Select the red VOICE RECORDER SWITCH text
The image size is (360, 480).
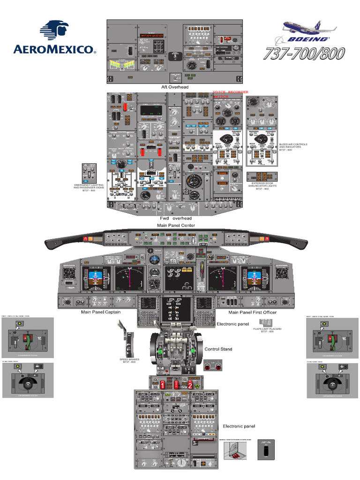coord(230,94)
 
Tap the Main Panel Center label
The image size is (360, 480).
coord(176,225)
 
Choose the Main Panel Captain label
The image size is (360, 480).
coord(101,312)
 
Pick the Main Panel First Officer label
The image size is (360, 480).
coord(252,312)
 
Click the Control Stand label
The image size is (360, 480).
coord(218,349)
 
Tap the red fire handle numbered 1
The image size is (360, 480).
coord(163,384)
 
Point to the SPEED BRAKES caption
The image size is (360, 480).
coord(129,360)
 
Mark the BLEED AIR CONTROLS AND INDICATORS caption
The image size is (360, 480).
coord(293,147)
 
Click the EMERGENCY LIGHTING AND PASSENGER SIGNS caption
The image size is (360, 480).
coord(89,187)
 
